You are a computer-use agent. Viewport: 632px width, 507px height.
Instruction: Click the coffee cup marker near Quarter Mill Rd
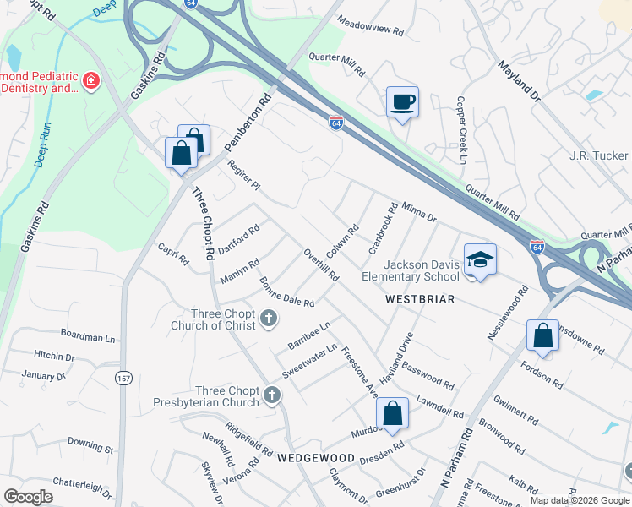(x=402, y=102)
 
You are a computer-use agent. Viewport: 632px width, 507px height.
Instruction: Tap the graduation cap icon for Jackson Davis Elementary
(x=480, y=259)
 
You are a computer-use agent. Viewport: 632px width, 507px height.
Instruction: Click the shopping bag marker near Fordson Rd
(x=542, y=335)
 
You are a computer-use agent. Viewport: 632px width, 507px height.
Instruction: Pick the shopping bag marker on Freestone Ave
(x=392, y=414)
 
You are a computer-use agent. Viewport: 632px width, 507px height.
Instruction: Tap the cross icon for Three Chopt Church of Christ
(x=269, y=319)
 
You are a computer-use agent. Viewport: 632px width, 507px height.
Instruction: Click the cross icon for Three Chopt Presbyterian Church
(x=271, y=395)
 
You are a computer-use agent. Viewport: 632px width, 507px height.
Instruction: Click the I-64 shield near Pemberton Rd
(x=335, y=123)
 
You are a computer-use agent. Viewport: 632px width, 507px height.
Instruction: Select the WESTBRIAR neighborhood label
(x=420, y=299)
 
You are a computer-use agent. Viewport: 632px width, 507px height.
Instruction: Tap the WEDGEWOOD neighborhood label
(x=316, y=457)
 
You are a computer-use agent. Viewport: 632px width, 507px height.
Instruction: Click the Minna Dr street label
(x=419, y=212)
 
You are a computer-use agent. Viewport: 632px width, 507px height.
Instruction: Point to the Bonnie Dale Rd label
(x=286, y=292)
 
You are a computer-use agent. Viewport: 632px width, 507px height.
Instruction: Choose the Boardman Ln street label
(x=87, y=336)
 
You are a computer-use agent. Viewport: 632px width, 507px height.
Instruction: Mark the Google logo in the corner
(x=28, y=497)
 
